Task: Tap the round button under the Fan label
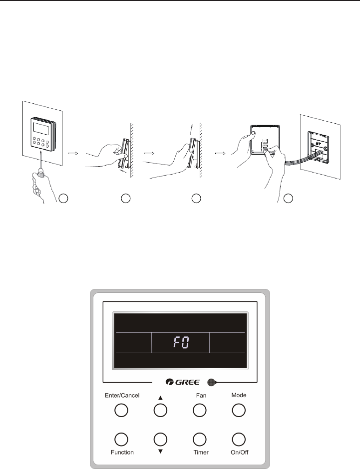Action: point(199,411)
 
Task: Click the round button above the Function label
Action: point(120,439)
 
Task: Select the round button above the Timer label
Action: point(199,439)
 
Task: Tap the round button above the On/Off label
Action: point(239,439)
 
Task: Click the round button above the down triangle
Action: point(160,439)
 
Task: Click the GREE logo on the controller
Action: point(183,383)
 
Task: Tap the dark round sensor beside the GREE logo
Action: point(211,383)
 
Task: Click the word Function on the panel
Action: point(122,452)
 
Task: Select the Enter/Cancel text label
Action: point(122,395)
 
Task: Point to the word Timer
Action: point(201,452)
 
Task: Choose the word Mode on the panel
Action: point(239,395)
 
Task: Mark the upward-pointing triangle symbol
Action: point(160,398)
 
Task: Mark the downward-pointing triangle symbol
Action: point(160,452)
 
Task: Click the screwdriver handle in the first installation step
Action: point(38,179)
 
